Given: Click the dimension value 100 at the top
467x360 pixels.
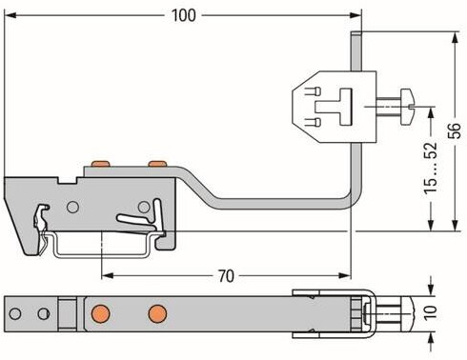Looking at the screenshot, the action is coord(184,15).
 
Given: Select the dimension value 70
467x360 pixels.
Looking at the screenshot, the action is coord(226,276).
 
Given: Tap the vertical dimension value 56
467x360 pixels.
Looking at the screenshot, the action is coord(455,130).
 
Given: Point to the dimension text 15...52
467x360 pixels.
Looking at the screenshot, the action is coord(431,168).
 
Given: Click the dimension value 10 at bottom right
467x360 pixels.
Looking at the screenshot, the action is coord(431,312).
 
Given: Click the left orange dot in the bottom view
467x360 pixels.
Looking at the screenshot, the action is coord(100,313).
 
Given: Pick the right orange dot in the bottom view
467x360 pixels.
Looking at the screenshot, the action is coord(157,313).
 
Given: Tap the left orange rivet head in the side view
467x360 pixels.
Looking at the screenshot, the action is coord(100,164).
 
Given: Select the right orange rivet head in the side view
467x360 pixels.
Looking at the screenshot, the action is coord(157,164).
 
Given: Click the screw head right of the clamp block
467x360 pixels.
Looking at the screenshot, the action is coord(407,107).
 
